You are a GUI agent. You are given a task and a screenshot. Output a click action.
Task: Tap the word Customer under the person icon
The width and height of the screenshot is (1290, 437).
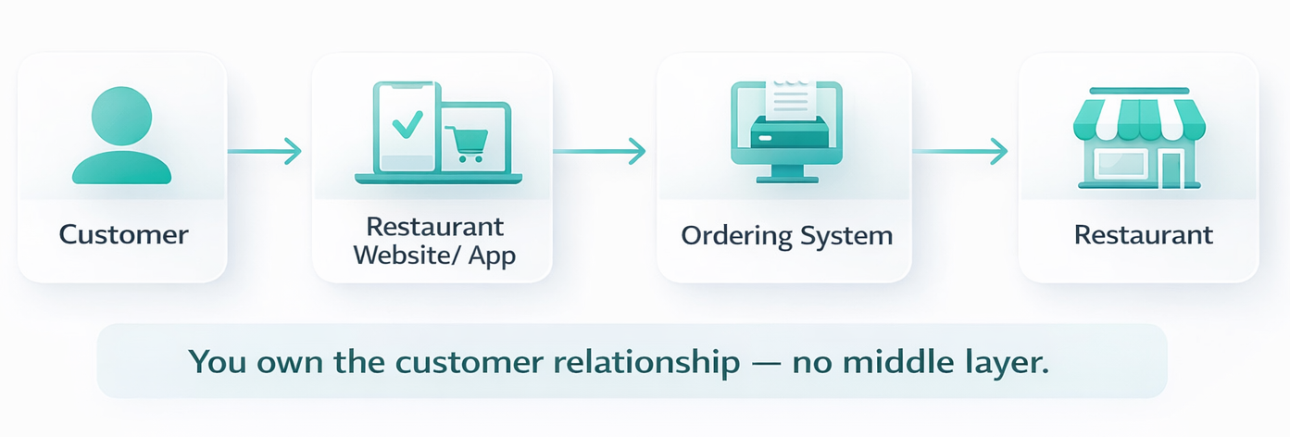pyautogui.click(x=123, y=234)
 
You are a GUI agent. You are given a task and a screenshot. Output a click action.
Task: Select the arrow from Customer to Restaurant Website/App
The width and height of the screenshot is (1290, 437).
pyautogui.click(x=265, y=149)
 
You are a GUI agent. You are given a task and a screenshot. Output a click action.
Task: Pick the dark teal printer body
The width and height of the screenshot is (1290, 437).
pyautogui.click(x=788, y=134)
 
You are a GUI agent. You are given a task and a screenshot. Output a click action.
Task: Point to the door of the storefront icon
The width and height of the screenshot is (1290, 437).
pyautogui.click(x=1172, y=167)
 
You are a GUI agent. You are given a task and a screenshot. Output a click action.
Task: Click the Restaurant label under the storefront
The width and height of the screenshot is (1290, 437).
pyautogui.click(x=1143, y=234)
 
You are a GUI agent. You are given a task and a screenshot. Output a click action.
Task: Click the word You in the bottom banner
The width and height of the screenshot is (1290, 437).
pyautogui.click(x=210, y=361)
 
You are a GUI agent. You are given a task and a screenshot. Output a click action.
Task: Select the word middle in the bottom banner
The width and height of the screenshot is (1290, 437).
pyautogui.click(x=891, y=361)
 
